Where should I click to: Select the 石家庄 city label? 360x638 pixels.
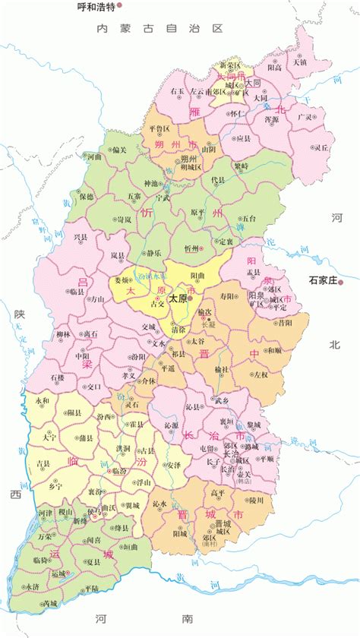(x=322, y=281)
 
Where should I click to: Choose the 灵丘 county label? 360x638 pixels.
(x=322, y=147)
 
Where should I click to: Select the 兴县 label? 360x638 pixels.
(x=81, y=237)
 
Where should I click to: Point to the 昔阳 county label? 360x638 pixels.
(x=284, y=322)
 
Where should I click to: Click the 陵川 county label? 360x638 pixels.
(x=255, y=499)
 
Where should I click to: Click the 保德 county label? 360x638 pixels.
(x=86, y=196)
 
